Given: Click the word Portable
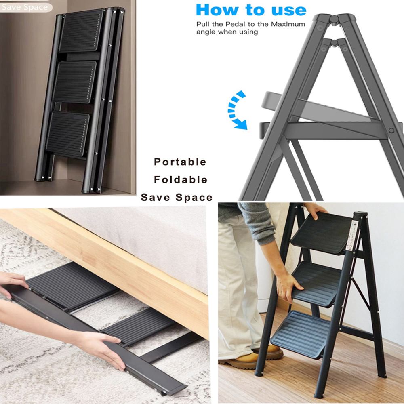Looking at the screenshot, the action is point(180,162).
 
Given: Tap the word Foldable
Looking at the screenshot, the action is point(181,180).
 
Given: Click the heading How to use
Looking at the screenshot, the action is point(251,10).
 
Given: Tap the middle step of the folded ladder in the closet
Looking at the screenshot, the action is point(75,82).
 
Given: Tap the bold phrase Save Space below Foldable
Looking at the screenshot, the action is point(177,198).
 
